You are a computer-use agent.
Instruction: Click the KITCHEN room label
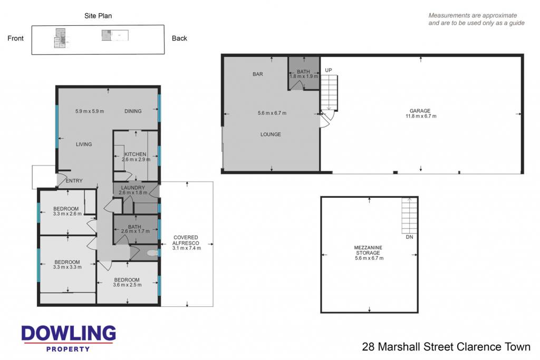[136, 154]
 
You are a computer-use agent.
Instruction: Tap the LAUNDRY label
[133, 188]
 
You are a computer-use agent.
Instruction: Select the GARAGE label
[420, 111]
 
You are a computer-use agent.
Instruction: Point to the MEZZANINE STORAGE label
[368, 250]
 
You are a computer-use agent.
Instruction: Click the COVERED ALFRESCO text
[186, 240]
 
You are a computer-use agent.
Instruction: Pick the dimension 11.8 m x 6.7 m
[421, 116]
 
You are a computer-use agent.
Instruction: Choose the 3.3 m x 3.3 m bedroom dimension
[67, 267]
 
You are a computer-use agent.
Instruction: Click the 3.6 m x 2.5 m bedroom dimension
[127, 285]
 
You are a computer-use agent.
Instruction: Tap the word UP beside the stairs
[329, 70]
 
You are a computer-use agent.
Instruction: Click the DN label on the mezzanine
[409, 237]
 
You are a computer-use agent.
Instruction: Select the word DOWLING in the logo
[69, 333]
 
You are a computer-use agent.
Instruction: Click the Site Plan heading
[98, 16]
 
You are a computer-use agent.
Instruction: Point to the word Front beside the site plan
[15, 38]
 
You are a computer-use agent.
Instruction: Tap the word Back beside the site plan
[179, 38]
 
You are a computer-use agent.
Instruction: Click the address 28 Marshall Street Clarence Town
[446, 347]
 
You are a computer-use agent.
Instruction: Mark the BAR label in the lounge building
[257, 74]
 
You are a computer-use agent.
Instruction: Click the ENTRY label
[74, 181]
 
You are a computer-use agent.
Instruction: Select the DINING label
[133, 111]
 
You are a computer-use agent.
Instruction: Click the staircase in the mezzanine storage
[409, 216]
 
